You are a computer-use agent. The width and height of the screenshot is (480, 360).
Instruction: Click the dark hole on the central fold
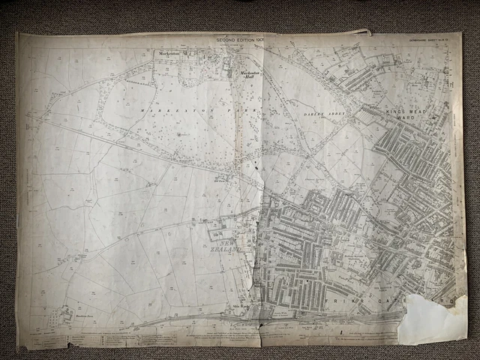261,324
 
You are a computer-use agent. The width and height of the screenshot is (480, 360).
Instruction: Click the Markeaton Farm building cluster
64,315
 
